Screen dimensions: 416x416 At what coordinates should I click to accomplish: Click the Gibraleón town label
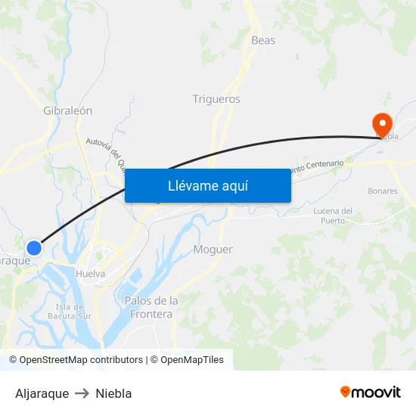(x=68, y=110)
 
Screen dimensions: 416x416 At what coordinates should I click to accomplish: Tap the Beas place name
(x=263, y=40)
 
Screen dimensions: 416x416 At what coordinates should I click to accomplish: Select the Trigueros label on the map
(x=216, y=99)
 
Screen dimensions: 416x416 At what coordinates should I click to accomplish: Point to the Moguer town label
(x=213, y=250)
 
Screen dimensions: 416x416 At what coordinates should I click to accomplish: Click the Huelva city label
(x=91, y=274)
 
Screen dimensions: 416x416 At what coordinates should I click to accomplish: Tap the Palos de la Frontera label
(x=151, y=307)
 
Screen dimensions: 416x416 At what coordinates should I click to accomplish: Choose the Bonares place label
(x=383, y=191)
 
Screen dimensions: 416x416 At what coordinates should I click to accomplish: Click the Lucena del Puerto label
(x=333, y=216)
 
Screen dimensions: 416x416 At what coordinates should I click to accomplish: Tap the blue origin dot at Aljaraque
(x=34, y=247)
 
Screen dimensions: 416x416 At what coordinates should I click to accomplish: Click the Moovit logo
(x=371, y=393)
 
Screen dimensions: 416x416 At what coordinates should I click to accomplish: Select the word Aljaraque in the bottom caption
(x=42, y=393)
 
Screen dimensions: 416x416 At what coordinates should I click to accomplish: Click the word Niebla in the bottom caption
(x=113, y=393)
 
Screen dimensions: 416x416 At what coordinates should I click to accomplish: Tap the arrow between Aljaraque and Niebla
(x=82, y=393)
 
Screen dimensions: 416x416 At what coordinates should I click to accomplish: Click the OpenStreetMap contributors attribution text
(x=76, y=360)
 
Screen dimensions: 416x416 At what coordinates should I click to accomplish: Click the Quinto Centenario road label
(x=317, y=166)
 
